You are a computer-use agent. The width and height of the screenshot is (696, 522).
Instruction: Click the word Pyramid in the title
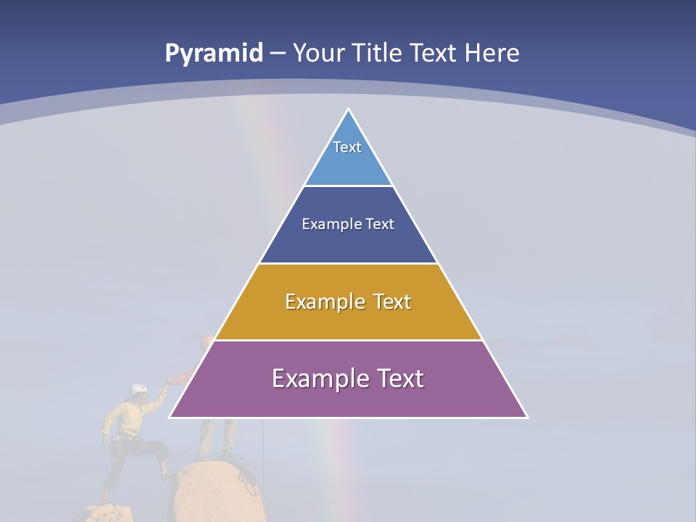click(214, 53)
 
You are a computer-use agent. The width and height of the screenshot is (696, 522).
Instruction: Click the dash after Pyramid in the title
click(278, 54)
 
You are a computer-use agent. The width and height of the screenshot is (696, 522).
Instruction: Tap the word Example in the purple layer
click(312, 378)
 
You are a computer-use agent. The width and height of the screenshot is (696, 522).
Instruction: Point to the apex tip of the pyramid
click(348, 109)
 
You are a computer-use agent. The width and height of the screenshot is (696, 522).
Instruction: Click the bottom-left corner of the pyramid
click(171, 417)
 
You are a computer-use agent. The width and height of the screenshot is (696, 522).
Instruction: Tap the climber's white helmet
click(138, 390)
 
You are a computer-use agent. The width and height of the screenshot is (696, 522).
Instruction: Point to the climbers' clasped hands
click(170, 379)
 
